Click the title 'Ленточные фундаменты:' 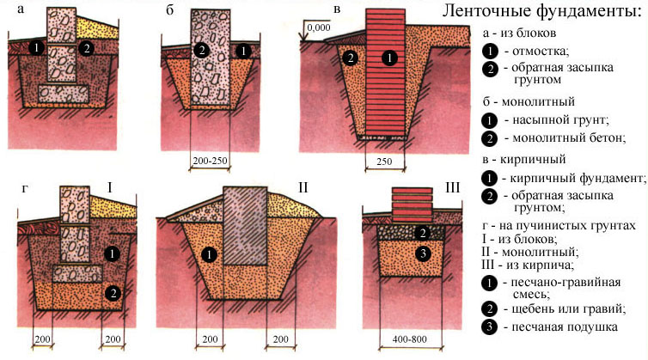click(x=541, y=11)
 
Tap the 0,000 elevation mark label click(x=319, y=27)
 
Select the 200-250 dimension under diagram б click(x=211, y=161)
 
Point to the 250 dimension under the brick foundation click(x=384, y=162)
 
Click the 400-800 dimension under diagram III click(x=410, y=339)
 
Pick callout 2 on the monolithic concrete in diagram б click(x=202, y=50)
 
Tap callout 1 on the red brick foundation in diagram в click(x=389, y=58)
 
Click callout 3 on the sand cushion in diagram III click(x=423, y=253)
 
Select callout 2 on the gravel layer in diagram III click(x=422, y=234)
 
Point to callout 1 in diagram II click(x=209, y=254)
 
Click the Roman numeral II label click(x=303, y=188)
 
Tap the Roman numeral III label click(x=453, y=188)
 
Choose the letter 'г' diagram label click(x=25, y=189)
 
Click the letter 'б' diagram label click(x=170, y=10)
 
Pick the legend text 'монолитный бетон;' click(x=569, y=137)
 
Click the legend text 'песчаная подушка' click(x=565, y=327)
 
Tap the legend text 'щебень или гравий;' click(x=569, y=308)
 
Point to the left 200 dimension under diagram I click(x=42, y=339)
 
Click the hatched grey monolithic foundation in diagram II click(x=245, y=226)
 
